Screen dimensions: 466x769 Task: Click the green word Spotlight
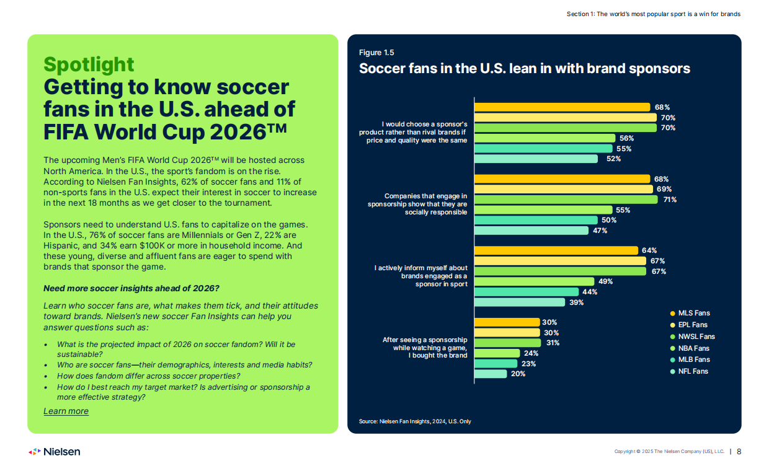[x=89, y=64]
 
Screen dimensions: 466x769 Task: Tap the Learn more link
[x=66, y=411]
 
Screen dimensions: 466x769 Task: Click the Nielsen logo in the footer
[x=55, y=452]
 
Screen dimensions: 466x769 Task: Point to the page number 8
[x=739, y=452]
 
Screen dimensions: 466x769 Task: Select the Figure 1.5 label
[x=376, y=53]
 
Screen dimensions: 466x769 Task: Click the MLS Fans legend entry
[x=693, y=314]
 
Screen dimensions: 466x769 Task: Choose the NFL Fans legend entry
[x=693, y=371]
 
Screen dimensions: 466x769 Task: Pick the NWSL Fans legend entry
[x=696, y=336]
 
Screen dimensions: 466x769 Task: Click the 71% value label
[x=669, y=200]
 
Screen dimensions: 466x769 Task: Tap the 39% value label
[x=576, y=302]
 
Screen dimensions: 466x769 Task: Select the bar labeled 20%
[x=491, y=374]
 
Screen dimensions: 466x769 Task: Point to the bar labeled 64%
[x=556, y=250]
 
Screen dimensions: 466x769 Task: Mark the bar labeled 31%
[x=507, y=343]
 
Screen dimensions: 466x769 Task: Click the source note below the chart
[x=415, y=421]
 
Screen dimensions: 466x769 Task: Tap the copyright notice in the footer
[x=669, y=452]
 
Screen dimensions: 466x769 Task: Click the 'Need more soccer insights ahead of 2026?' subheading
[x=131, y=288]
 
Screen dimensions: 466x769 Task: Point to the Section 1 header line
[x=653, y=14]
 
